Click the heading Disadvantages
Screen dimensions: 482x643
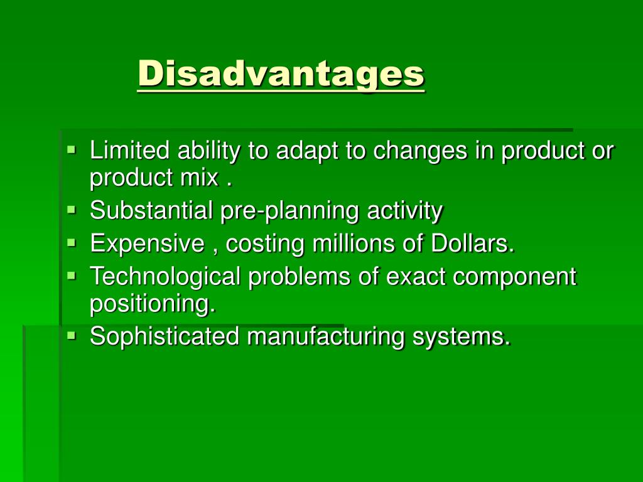(x=281, y=73)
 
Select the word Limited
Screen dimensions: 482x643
(x=129, y=151)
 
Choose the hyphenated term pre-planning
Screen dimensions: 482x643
(x=290, y=211)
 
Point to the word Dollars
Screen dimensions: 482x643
(x=472, y=243)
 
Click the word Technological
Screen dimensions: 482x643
(x=165, y=276)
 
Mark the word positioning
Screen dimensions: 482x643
(x=152, y=304)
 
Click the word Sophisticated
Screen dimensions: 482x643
(x=165, y=336)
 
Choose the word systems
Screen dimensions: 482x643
(x=462, y=337)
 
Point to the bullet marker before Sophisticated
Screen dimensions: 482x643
(x=72, y=335)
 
